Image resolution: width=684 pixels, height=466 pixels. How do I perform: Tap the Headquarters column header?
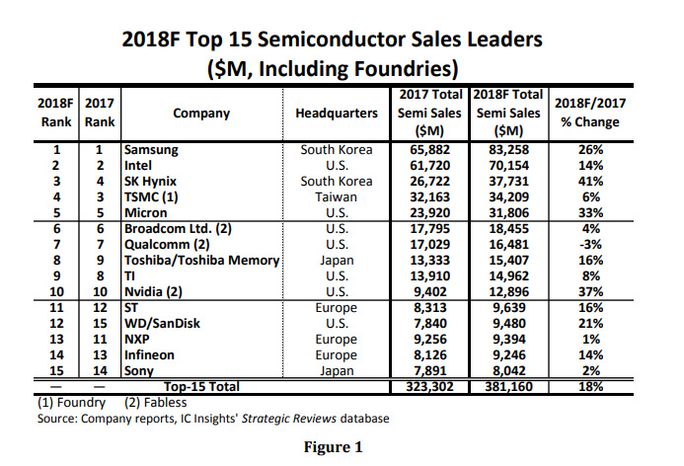click(x=337, y=114)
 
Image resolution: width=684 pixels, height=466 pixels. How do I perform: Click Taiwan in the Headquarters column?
click(x=337, y=196)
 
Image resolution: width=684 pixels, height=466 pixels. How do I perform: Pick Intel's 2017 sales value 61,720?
click(x=429, y=165)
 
